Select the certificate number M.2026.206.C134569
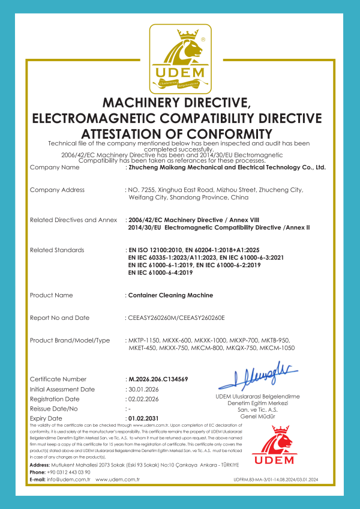tap(157, 379)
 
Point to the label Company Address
tap(57, 190)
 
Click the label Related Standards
tap(57, 250)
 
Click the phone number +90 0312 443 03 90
tap(68, 472)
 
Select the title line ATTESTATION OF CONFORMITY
tap(180, 133)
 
